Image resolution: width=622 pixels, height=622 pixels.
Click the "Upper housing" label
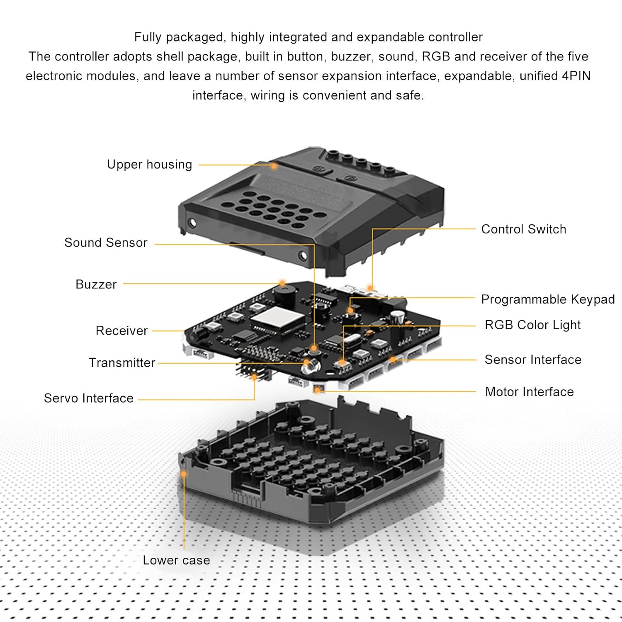pyautogui.click(x=149, y=165)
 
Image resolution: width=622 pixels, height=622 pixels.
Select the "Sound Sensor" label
pyautogui.click(x=106, y=243)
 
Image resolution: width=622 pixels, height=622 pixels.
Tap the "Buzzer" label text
pyautogui.click(x=96, y=284)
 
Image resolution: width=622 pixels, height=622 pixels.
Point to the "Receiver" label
pyautogui.click(x=121, y=331)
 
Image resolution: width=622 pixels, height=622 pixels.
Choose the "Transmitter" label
pyautogui.click(x=122, y=363)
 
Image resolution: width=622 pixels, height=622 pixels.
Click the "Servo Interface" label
pyautogui.click(x=89, y=398)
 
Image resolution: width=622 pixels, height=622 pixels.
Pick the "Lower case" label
pyautogui.click(x=176, y=561)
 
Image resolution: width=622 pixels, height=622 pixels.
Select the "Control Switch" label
pyautogui.click(x=524, y=229)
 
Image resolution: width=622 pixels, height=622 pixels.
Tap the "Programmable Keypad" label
pyautogui.click(x=548, y=299)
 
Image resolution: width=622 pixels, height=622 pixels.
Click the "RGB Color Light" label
pyautogui.click(x=532, y=325)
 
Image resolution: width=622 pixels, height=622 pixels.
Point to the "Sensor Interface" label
pyautogui.click(x=533, y=360)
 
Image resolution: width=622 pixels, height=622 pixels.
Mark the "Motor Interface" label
pyautogui.click(x=530, y=392)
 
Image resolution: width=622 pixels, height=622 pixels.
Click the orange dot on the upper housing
pyautogui.click(x=274, y=166)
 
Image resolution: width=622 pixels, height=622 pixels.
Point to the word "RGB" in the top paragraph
pyautogui.click(x=436, y=56)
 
